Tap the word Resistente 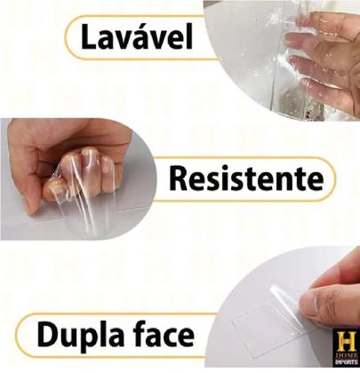244,179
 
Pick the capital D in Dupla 50,335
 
